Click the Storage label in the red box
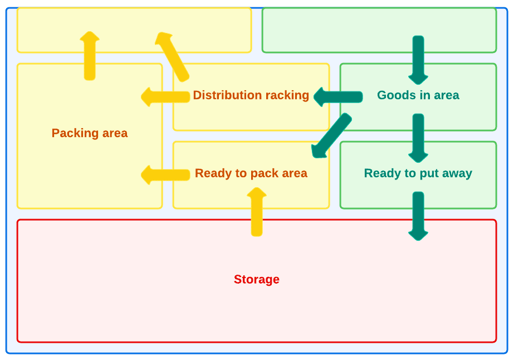point(256,279)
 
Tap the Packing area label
point(90,133)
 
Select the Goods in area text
point(418,95)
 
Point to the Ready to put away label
point(418,173)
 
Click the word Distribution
point(227,95)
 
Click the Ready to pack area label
point(251,173)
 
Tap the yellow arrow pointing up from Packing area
point(90,56)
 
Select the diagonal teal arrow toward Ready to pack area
point(331,136)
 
